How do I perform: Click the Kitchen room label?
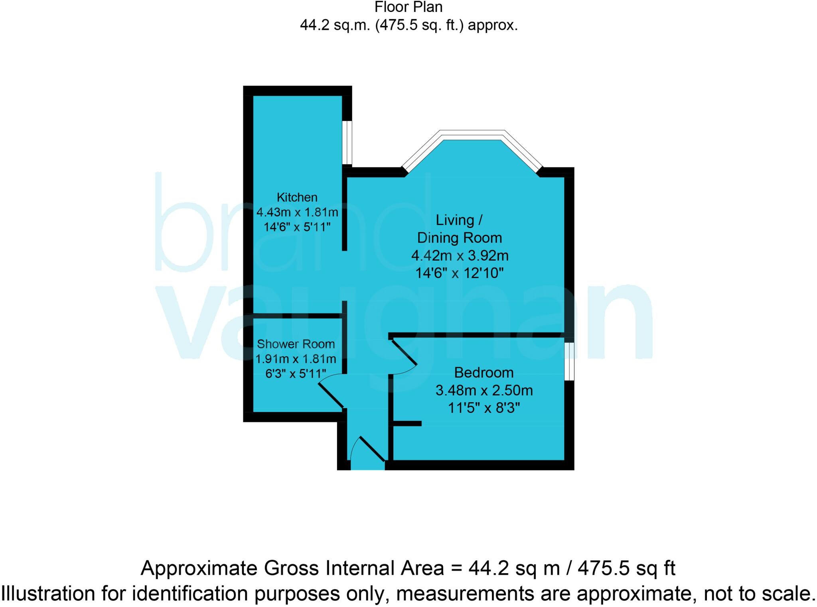tap(297, 197)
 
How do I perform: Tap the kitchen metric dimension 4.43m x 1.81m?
tap(297, 212)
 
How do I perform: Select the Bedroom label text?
tap(483, 373)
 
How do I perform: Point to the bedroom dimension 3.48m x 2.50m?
tap(483, 390)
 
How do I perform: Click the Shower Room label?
tap(296, 344)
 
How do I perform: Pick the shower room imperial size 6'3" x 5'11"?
tap(296, 373)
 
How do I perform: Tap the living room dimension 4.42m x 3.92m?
tap(460, 255)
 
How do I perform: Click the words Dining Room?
tap(460, 238)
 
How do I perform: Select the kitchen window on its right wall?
tap(347, 142)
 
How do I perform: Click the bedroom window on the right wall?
tap(570, 361)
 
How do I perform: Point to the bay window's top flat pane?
tap(472, 135)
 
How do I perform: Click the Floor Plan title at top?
tap(408, 7)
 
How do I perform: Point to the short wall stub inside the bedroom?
tap(407, 423)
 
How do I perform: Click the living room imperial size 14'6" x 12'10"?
tap(460, 273)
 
